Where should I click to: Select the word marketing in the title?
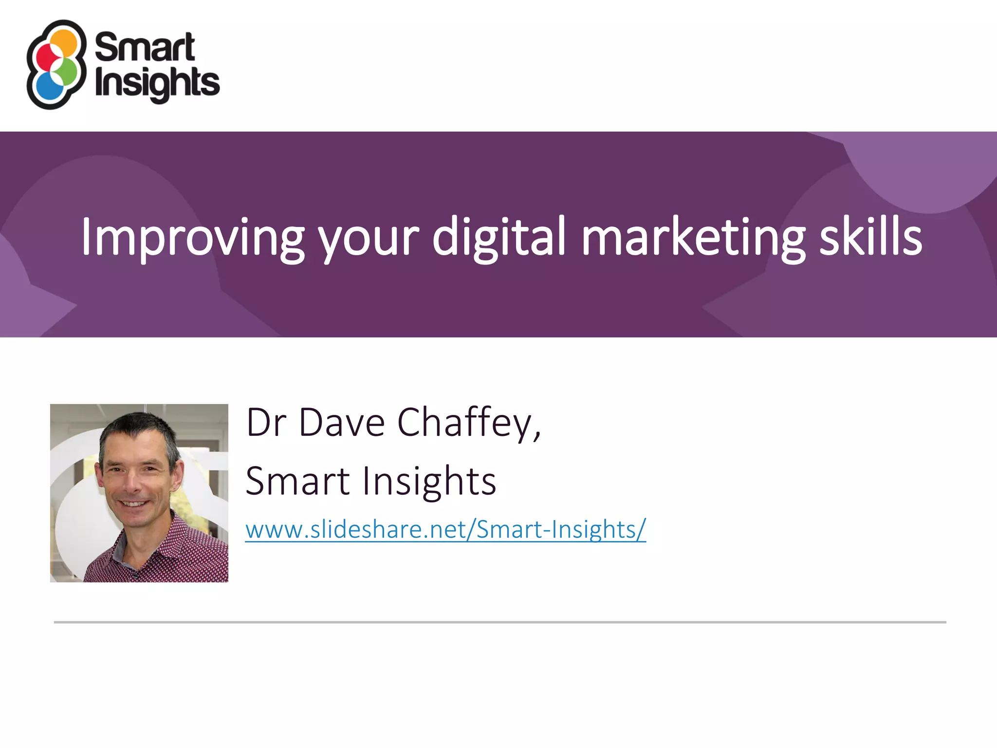click(x=693, y=237)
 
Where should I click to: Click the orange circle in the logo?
click(x=64, y=43)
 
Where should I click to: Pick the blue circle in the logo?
click(x=50, y=88)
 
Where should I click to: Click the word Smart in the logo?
click(x=145, y=47)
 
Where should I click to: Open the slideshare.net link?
click(x=445, y=529)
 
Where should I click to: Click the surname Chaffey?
click(x=468, y=423)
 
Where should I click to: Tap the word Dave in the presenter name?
click(x=342, y=423)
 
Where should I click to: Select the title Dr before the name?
click(x=266, y=423)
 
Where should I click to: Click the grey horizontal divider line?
click(x=499, y=622)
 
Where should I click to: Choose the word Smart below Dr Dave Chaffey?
click(x=297, y=481)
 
